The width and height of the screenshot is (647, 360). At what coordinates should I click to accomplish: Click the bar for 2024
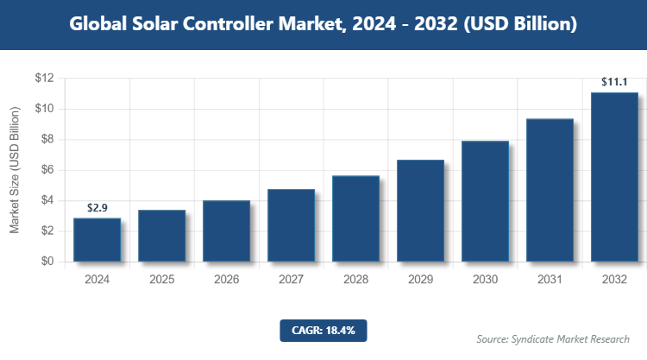pos(97,240)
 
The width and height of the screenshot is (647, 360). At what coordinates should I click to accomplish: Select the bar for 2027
pos(291,225)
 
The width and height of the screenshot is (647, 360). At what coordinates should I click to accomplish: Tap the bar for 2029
pos(420,211)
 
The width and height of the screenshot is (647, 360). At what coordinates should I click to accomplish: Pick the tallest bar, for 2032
pos(614,177)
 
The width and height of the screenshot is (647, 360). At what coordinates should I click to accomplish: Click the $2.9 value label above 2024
pos(97,208)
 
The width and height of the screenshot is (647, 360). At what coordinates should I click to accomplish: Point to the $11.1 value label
pos(614,83)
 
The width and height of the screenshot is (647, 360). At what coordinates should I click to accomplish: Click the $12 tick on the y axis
pos(44,79)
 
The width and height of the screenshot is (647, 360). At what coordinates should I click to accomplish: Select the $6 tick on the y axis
pos(47,170)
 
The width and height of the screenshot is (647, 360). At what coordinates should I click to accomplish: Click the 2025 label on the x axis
pos(161,280)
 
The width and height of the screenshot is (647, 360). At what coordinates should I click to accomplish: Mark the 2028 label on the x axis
pos(355,280)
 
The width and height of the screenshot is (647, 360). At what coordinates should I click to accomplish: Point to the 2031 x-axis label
pos(550,280)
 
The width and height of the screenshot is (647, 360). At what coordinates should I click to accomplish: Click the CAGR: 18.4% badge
pos(323,330)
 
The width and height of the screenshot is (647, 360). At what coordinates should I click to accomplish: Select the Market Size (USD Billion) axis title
pos(15,170)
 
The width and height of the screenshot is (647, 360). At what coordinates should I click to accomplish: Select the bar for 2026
pos(226,231)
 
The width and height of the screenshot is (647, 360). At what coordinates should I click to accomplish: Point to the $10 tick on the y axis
pos(44,109)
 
